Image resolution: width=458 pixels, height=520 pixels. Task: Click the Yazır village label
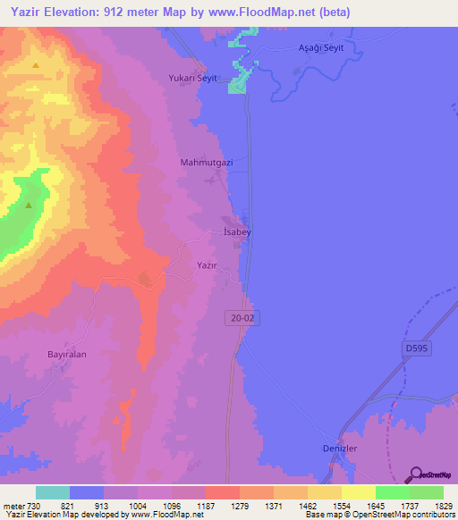pos(207,266)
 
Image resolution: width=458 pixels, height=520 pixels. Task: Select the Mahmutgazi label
pos(207,163)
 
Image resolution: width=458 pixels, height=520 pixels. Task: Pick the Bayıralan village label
pos(67,354)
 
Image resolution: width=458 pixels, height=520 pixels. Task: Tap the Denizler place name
pos(340,449)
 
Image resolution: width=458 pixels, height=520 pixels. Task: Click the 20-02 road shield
pos(235,318)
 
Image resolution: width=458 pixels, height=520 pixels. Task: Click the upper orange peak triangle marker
pos(36,65)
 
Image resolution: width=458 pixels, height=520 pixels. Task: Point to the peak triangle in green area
pos(29,205)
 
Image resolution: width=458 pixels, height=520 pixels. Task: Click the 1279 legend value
pos(240,505)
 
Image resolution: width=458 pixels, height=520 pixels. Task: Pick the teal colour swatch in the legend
pos(53,492)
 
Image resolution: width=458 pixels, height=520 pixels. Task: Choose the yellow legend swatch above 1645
pos(358,492)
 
